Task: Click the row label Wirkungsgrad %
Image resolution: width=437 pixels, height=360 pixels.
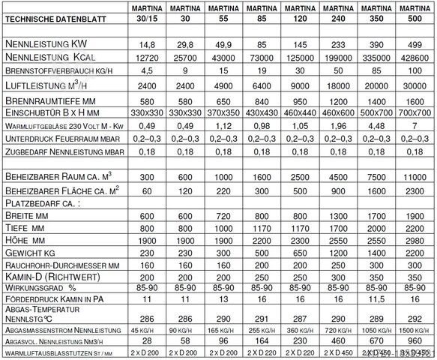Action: (41, 286)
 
